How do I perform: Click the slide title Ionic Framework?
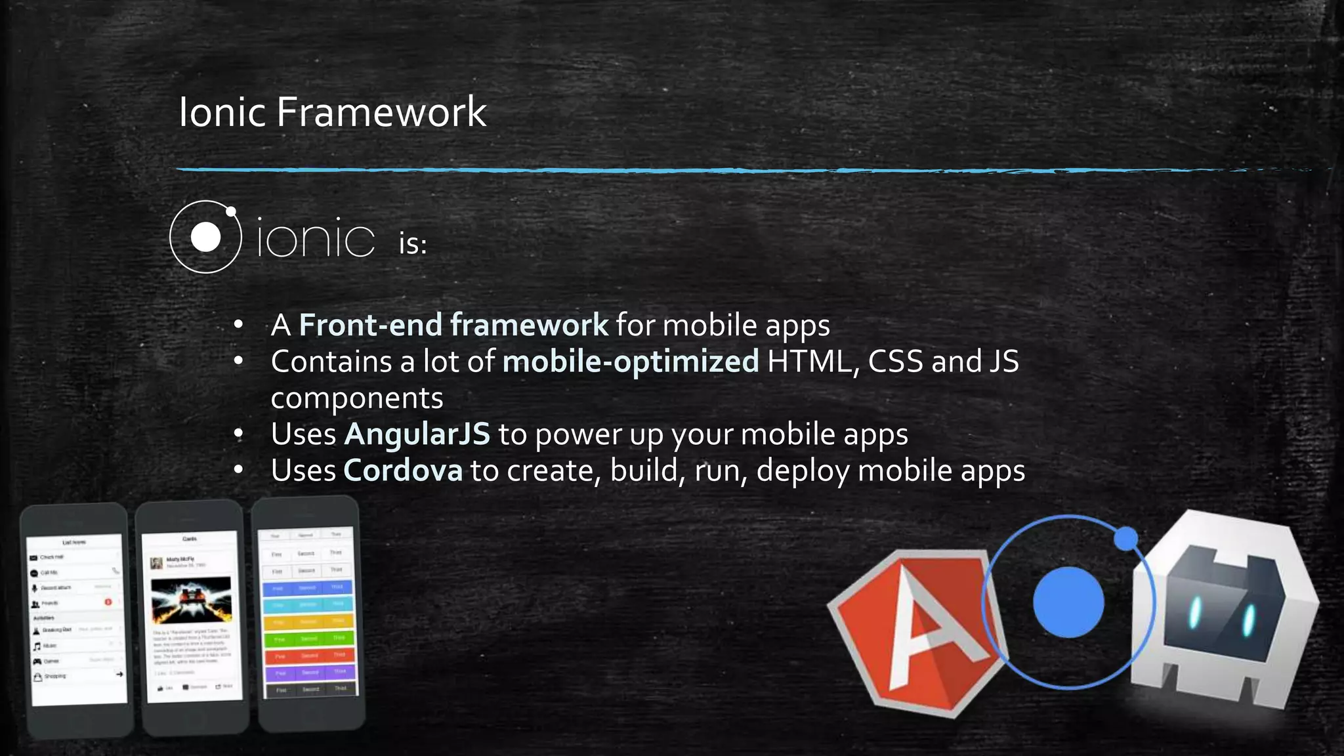tap(332, 112)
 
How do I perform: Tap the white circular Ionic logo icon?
tap(205, 237)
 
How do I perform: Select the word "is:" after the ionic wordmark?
tap(413, 244)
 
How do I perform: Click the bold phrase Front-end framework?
tap(453, 325)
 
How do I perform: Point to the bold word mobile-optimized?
tap(630, 362)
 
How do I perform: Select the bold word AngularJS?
tap(417, 434)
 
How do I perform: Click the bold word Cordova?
tap(403, 471)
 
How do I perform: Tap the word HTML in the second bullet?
tap(808, 362)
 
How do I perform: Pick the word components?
tap(357, 398)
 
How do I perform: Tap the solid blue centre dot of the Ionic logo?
tap(1068, 602)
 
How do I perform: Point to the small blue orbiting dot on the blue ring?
tap(1126, 539)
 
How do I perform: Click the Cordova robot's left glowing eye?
tap(1196, 612)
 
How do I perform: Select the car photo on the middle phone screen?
tap(191, 600)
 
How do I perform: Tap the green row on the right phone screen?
tap(308, 638)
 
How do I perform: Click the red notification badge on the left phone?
tap(108, 602)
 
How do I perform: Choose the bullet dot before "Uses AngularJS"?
tap(239, 434)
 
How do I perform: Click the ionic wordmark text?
tap(316, 238)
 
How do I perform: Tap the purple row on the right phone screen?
tap(309, 672)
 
